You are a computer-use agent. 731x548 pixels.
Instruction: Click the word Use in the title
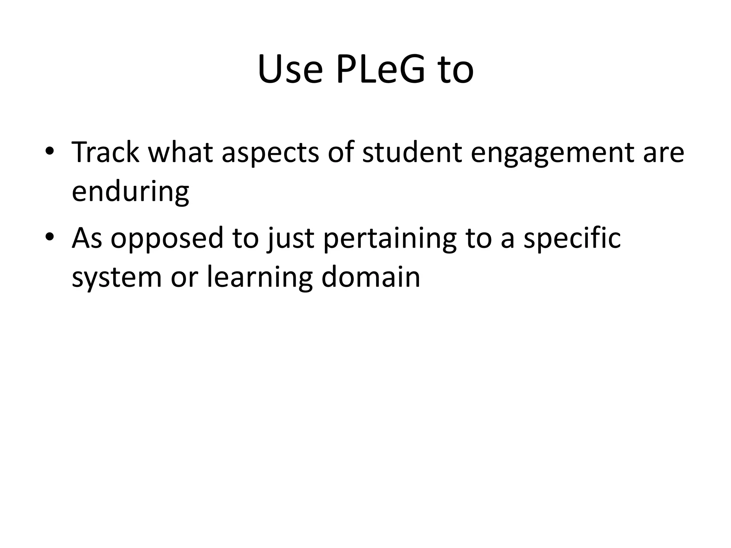[x=289, y=70]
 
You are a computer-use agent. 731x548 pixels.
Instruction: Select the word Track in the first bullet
[x=105, y=152]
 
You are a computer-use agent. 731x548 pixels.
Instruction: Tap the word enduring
[x=130, y=192]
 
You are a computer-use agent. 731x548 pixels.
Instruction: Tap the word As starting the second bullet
[x=87, y=238]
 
